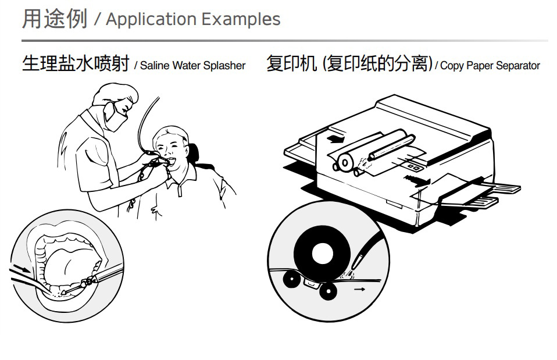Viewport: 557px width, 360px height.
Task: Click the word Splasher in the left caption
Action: (x=224, y=66)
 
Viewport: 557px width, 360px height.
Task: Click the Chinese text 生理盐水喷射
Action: (x=76, y=63)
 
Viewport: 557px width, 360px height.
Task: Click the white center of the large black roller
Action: (x=322, y=253)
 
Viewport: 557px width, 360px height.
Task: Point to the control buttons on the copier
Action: (x=415, y=167)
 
